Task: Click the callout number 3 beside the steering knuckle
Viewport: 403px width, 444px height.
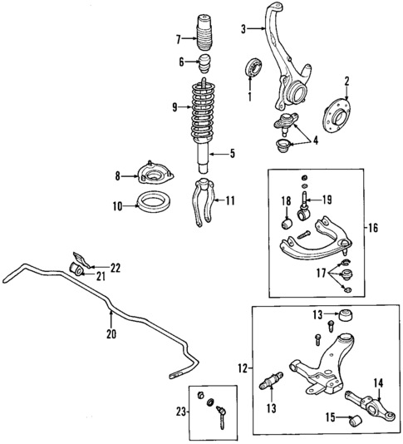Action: tap(243, 31)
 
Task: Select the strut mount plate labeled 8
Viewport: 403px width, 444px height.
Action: tap(153, 175)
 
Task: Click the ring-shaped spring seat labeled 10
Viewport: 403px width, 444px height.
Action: tap(155, 203)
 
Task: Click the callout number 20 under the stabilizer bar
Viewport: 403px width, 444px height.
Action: tap(111, 334)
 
